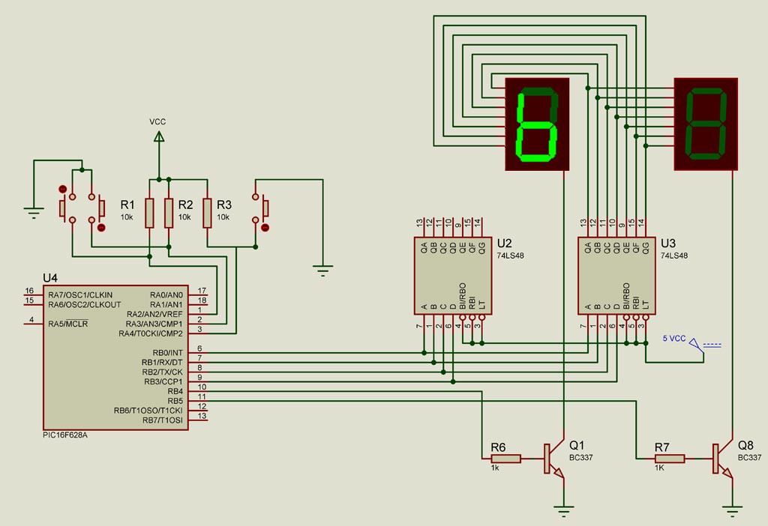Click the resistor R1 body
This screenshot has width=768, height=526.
point(149,213)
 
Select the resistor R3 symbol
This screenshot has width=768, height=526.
point(207,213)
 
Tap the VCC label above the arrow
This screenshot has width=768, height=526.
point(157,121)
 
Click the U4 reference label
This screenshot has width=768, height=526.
point(50,278)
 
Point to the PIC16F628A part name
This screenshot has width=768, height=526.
point(65,435)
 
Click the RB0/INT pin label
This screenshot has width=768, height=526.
point(167,353)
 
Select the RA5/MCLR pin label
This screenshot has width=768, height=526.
point(68,324)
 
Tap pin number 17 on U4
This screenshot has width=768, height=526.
point(202,291)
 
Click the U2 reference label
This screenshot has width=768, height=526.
point(505,244)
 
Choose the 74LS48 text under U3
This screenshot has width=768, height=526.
point(674,256)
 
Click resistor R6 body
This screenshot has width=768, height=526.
point(506,459)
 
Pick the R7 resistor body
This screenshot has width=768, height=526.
point(670,459)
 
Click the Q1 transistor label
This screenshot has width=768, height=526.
point(577,445)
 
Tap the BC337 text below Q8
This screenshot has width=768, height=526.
point(749,458)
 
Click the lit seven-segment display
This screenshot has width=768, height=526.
point(537,124)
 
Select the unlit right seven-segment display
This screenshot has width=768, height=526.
point(706,124)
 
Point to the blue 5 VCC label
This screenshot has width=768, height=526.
point(674,338)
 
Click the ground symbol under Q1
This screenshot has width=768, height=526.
point(564,511)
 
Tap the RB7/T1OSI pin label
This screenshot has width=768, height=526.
point(162,420)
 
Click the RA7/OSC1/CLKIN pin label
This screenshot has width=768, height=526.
point(80,295)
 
